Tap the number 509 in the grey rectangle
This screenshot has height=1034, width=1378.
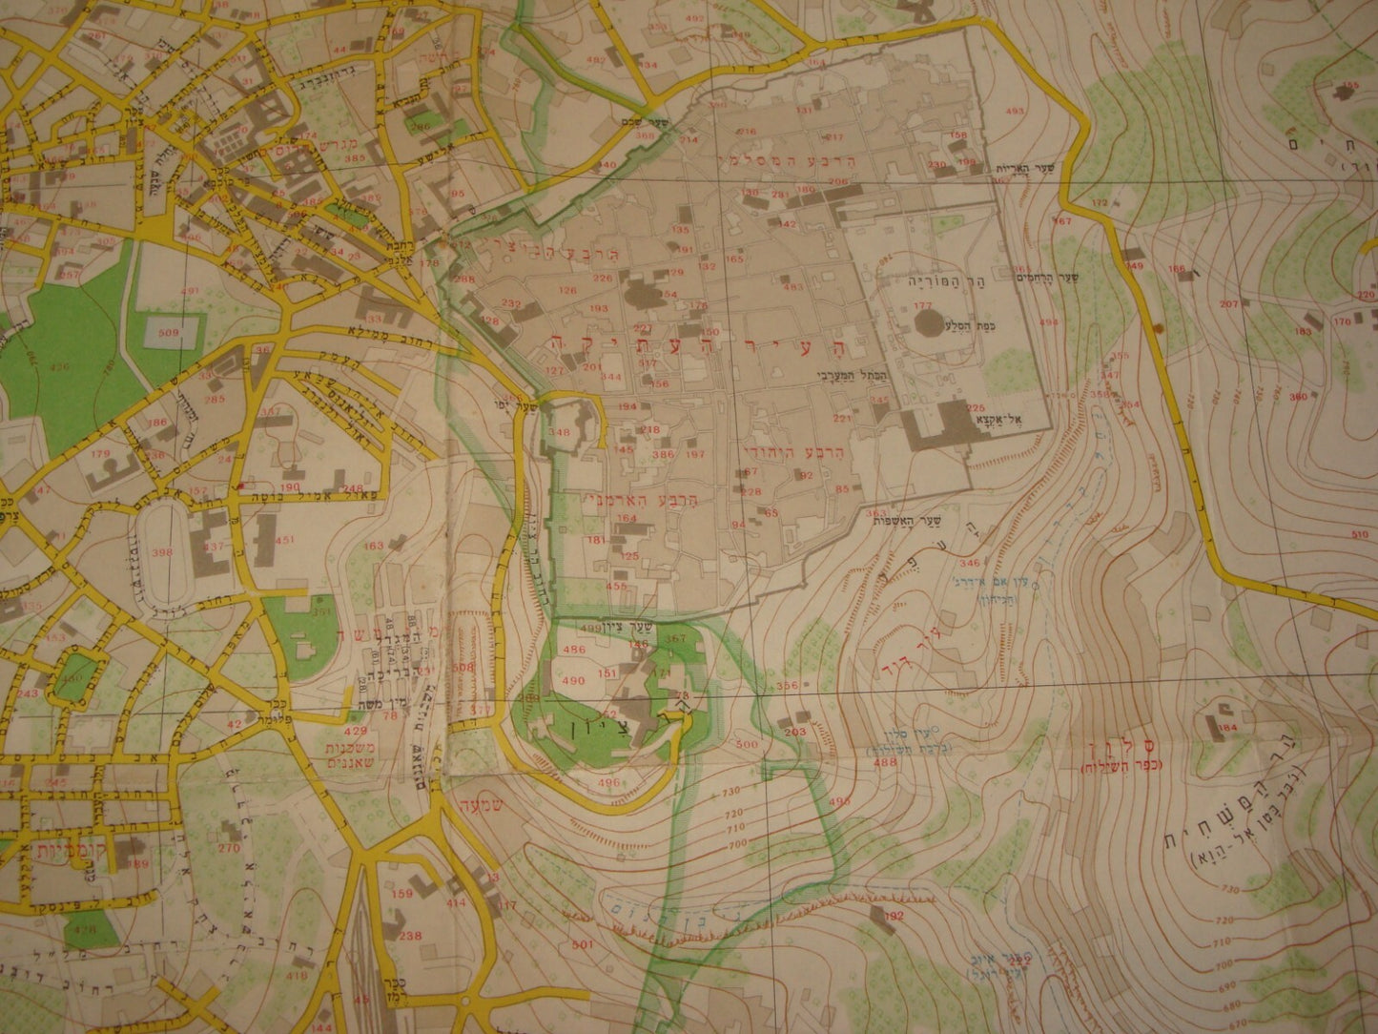169,333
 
